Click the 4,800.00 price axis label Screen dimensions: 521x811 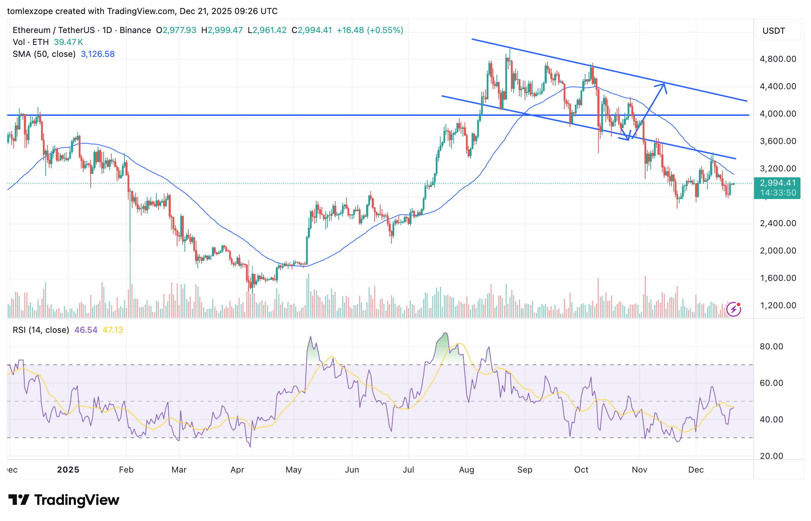pos(778,59)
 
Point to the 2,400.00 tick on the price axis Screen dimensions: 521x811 pos(778,223)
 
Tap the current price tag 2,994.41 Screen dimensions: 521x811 pos(778,183)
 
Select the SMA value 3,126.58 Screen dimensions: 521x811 pos(98,54)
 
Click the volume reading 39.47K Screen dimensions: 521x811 pos(68,42)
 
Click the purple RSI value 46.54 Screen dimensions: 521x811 pos(86,330)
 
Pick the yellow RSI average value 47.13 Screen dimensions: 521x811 pos(112,330)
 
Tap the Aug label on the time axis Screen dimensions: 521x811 pos(466,470)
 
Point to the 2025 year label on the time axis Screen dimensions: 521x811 pos(68,470)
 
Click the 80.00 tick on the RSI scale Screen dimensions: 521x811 pos(771,347)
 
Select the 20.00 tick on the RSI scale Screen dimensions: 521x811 pos(771,456)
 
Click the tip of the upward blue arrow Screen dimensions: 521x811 pos(664,84)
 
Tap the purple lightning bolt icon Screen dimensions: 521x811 pos(734,309)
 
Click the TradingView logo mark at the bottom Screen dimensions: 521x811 pos(19,500)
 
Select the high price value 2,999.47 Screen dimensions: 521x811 pos(225,30)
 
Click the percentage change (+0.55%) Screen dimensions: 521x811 pos(385,30)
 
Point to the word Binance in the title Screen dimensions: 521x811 pos(135,30)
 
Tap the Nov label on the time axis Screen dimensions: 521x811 pos(639,470)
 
